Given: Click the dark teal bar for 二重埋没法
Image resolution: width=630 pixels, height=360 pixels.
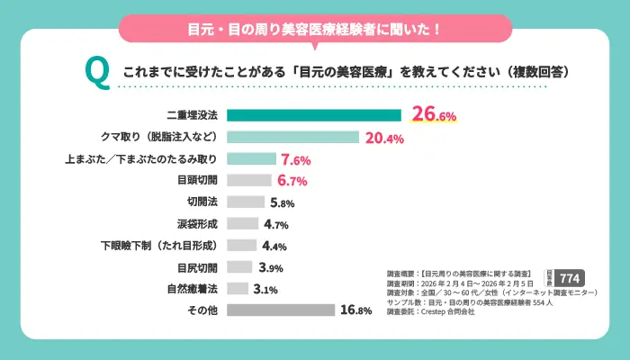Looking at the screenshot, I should [313, 115].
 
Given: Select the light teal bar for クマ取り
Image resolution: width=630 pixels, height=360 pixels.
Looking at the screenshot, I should [292, 138].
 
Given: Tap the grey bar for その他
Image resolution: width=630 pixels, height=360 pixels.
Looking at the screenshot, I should [280, 310].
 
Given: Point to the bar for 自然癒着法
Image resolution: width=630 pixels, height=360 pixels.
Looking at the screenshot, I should [237, 289].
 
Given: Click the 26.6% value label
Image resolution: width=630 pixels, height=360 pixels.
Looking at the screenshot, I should [434, 115].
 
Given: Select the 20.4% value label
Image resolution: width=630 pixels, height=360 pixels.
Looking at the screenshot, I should [384, 138].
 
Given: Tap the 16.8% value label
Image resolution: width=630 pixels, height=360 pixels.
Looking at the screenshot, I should [356, 310].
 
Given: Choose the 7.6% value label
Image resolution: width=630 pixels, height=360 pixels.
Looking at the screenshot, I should [295, 159].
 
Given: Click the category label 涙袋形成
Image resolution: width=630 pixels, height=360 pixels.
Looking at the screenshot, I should [199, 224].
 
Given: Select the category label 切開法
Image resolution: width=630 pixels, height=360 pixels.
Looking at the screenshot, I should [203, 202].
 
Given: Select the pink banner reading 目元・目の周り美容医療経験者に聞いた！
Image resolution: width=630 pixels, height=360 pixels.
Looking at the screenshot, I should [315, 28].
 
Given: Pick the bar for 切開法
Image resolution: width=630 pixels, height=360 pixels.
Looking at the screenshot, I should [246, 202].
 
